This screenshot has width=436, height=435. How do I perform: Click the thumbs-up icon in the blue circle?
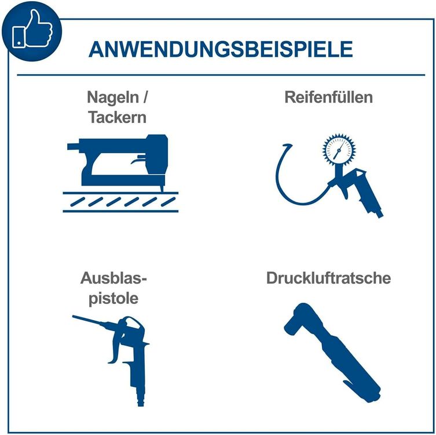pos(32,29)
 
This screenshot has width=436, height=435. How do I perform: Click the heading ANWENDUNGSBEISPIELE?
pos(221,49)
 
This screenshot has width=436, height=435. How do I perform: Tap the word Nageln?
pos(113,98)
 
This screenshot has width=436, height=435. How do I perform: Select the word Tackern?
pos(117,117)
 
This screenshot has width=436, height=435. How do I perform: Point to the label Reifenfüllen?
pos(328,97)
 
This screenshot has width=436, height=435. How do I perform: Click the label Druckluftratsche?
pos(328,278)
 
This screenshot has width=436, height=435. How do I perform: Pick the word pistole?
pos(113,299)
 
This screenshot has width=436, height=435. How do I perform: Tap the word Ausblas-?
pos(113,278)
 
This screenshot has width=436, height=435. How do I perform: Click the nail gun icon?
pos(118,163)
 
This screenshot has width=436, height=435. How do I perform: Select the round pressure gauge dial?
pos(339,150)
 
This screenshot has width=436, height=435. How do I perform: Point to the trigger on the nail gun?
pos(138,160)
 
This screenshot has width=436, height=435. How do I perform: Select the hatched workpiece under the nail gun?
pos(120,202)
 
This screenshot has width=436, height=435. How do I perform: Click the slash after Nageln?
pos(145,97)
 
